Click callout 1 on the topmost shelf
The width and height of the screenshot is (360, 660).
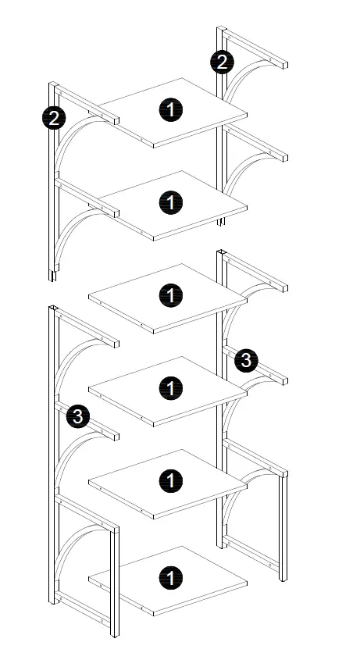click(170, 109)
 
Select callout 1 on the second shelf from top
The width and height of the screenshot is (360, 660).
click(170, 203)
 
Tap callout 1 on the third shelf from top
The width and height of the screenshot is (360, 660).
click(170, 295)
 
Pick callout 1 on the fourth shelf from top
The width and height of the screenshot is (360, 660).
click(170, 387)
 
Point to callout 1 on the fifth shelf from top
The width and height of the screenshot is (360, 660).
click(170, 480)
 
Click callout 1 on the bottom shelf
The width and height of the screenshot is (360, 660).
click(170, 579)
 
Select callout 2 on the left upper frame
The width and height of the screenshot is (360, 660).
click(54, 119)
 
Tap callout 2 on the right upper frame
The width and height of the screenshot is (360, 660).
click(222, 62)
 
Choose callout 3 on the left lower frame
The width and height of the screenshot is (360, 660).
click(77, 417)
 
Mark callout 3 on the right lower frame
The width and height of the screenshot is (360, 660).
click(245, 360)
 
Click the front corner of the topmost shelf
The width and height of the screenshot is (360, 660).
click(155, 145)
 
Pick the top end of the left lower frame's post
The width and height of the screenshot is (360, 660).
click(54, 309)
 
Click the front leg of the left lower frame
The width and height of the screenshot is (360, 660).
click(115, 578)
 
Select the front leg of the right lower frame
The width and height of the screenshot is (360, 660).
click(283, 523)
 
